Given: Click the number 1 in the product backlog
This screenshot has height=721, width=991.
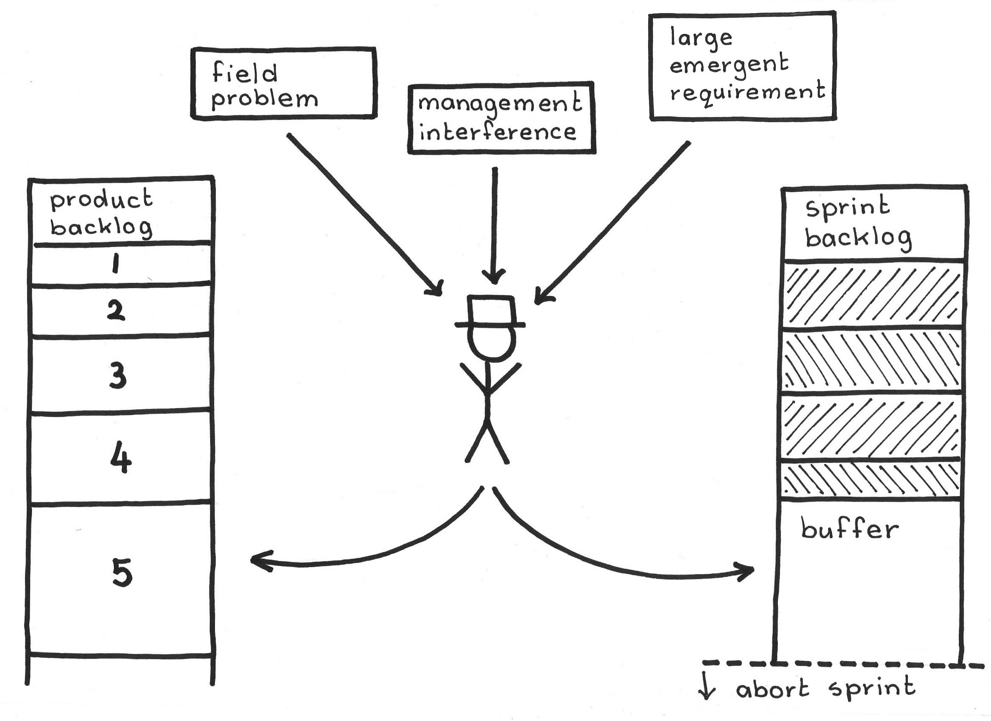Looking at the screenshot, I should pyautogui.click(x=115, y=264).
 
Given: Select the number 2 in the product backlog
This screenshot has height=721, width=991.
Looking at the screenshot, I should pyautogui.click(x=116, y=310).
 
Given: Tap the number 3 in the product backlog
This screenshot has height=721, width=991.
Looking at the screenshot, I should pyautogui.click(x=117, y=375).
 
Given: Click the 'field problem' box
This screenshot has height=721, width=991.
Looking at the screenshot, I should pyautogui.click(x=283, y=83).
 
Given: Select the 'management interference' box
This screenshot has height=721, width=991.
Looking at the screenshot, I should pyautogui.click(x=501, y=118).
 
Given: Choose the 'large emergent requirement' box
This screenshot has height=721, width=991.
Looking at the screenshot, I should pyautogui.click(x=742, y=66).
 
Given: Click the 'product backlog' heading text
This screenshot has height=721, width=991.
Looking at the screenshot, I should pyautogui.click(x=101, y=213).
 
